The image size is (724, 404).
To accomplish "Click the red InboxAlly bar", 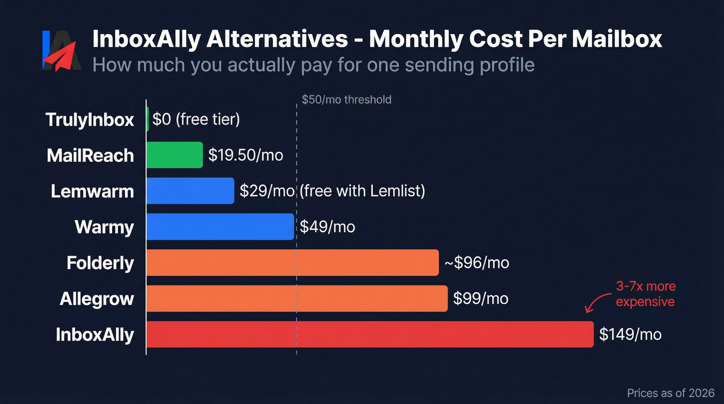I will [x=370, y=334].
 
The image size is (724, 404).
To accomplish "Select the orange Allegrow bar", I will [x=297, y=298].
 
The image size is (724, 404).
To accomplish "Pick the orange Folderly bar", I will [x=292, y=263].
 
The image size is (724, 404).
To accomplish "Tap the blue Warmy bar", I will [x=220, y=227].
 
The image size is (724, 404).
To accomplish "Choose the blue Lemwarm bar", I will [x=190, y=191].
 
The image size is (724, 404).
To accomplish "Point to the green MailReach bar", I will [x=174, y=155].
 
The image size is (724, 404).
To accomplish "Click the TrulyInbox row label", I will [x=90, y=120].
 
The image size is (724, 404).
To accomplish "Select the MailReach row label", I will [x=90, y=155].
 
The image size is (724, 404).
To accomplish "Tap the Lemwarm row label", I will [x=93, y=191].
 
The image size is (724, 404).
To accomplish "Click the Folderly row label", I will [x=100, y=263].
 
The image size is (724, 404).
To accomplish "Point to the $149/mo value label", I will [x=630, y=334].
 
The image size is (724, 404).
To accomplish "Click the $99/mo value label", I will [x=480, y=298].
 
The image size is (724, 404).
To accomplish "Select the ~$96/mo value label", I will [x=476, y=263].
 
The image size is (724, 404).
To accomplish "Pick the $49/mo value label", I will [x=327, y=227].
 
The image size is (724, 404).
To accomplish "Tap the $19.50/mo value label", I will [x=246, y=155].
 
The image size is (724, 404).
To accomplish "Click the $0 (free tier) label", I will [x=196, y=120].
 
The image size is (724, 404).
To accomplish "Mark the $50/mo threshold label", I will [x=346, y=99].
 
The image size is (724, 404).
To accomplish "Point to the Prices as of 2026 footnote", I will [x=670, y=393].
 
